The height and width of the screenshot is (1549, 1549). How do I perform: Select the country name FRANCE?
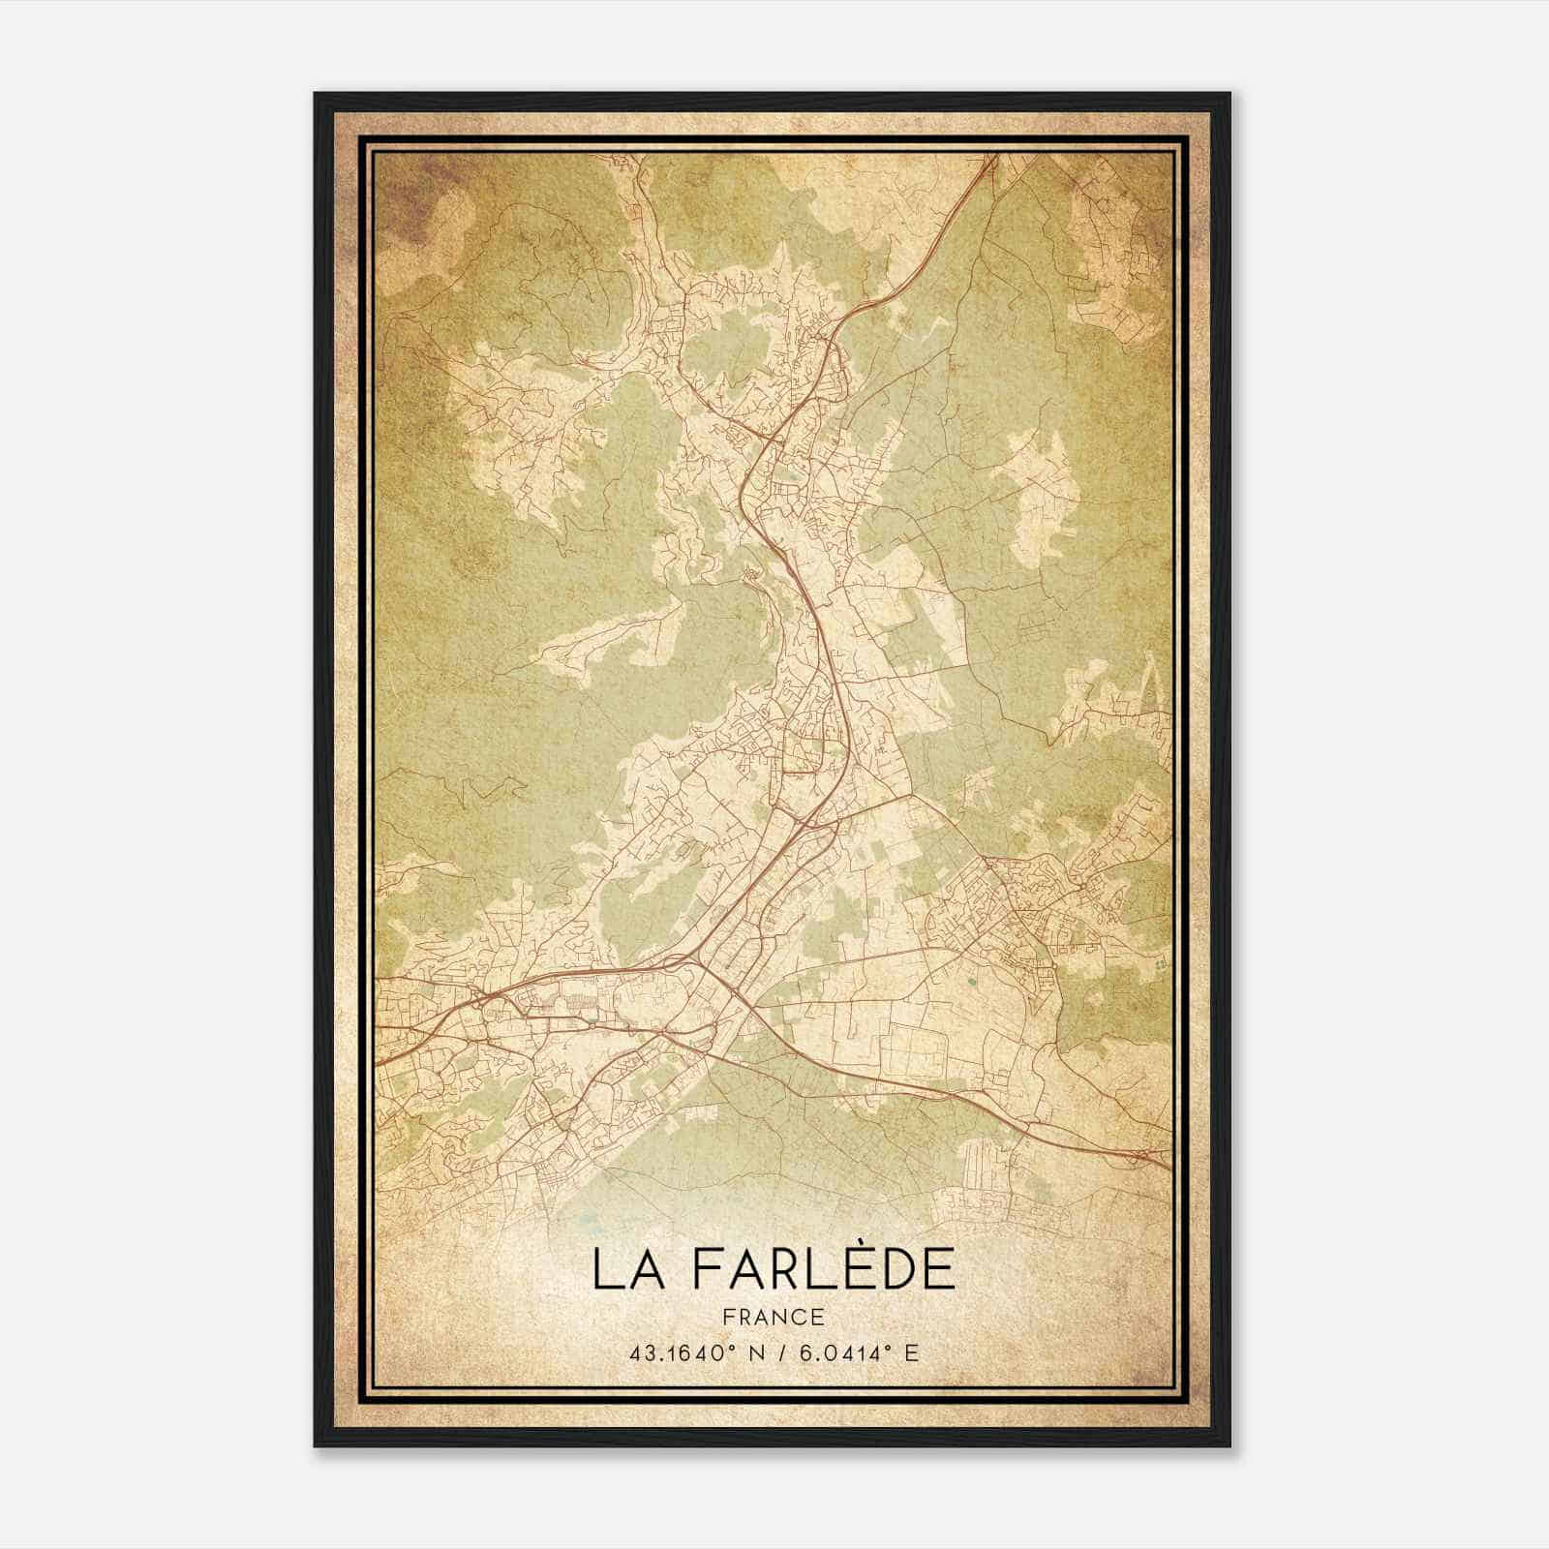(x=773, y=1317)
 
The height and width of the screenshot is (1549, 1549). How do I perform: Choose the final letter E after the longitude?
(x=911, y=1353)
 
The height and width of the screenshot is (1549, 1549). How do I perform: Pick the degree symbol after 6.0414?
(x=894, y=1348)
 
